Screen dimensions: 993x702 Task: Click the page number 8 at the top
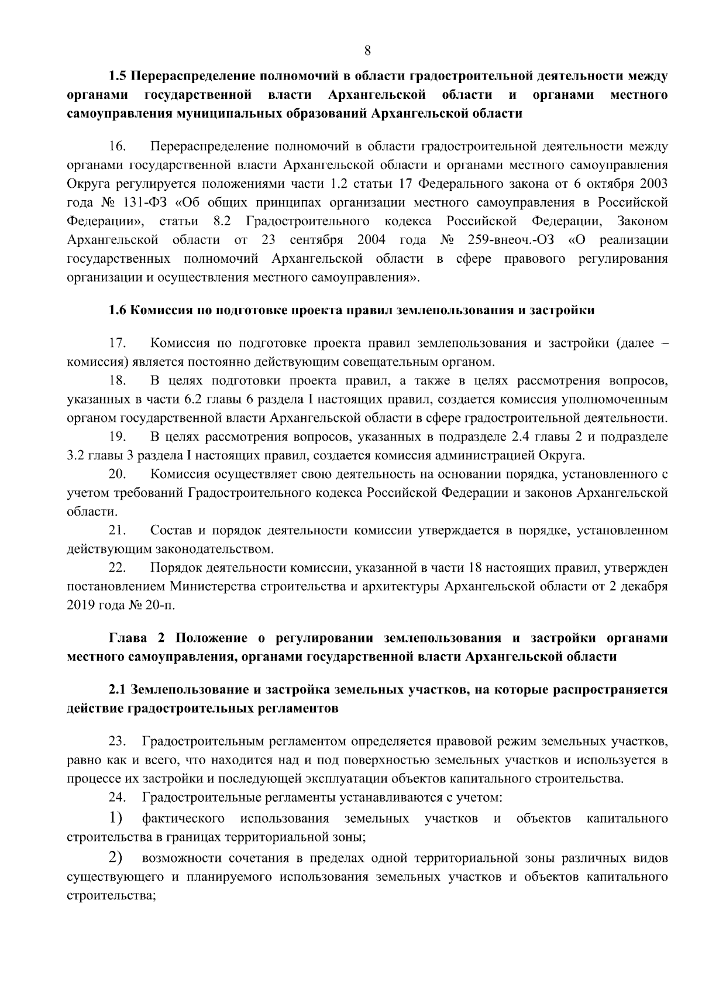(x=367, y=50)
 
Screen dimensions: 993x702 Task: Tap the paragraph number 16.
(x=118, y=146)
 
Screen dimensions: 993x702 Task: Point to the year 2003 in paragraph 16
(x=653, y=184)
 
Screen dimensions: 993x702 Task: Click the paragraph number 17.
(x=118, y=343)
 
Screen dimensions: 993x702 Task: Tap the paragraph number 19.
(x=118, y=437)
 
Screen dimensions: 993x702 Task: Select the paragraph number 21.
(x=118, y=531)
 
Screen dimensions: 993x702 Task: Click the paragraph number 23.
(x=118, y=742)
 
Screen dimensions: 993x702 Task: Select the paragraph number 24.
(x=118, y=798)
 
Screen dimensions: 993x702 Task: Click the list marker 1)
(x=115, y=817)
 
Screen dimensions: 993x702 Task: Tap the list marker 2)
(x=115, y=858)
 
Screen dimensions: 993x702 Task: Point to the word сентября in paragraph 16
(x=312, y=240)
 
